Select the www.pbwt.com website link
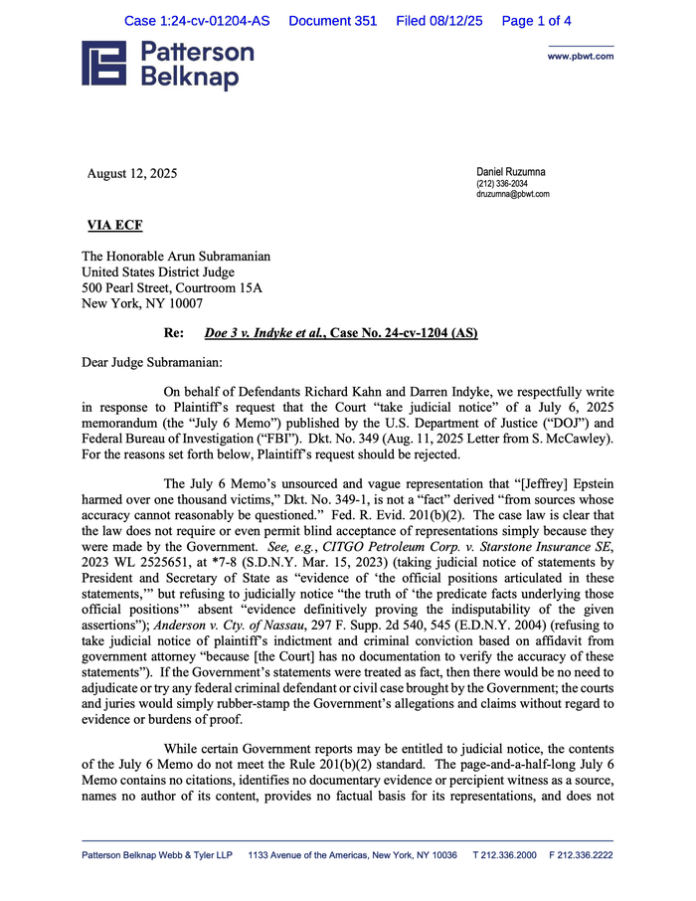pos(580,57)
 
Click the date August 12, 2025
pos(132,174)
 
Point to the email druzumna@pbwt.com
pos(513,194)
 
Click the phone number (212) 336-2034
pos(502,184)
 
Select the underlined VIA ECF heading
pos(115,225)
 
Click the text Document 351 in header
pos(332,21)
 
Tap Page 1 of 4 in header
pos(536,21)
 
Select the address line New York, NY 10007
pos(142,303)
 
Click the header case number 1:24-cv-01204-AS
pos(197,21)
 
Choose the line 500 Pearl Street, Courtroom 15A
pos(172,287)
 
